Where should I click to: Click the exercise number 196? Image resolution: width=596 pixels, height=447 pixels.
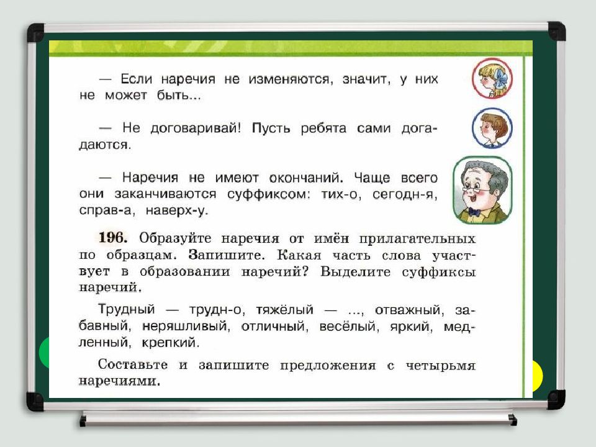coord(112,238)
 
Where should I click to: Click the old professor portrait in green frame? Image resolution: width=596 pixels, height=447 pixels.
coord(482,190)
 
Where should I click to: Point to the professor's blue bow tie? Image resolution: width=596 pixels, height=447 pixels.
coord(474,210)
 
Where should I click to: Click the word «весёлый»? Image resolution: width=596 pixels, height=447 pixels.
coord(346,325)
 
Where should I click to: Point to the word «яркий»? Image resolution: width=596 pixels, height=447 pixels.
coord(402,325)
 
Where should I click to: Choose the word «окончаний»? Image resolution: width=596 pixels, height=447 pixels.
coord(297,178)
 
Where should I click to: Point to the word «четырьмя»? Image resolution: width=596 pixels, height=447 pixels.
coord(438,366)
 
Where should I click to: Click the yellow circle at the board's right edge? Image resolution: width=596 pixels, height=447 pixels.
coord(535,374)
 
